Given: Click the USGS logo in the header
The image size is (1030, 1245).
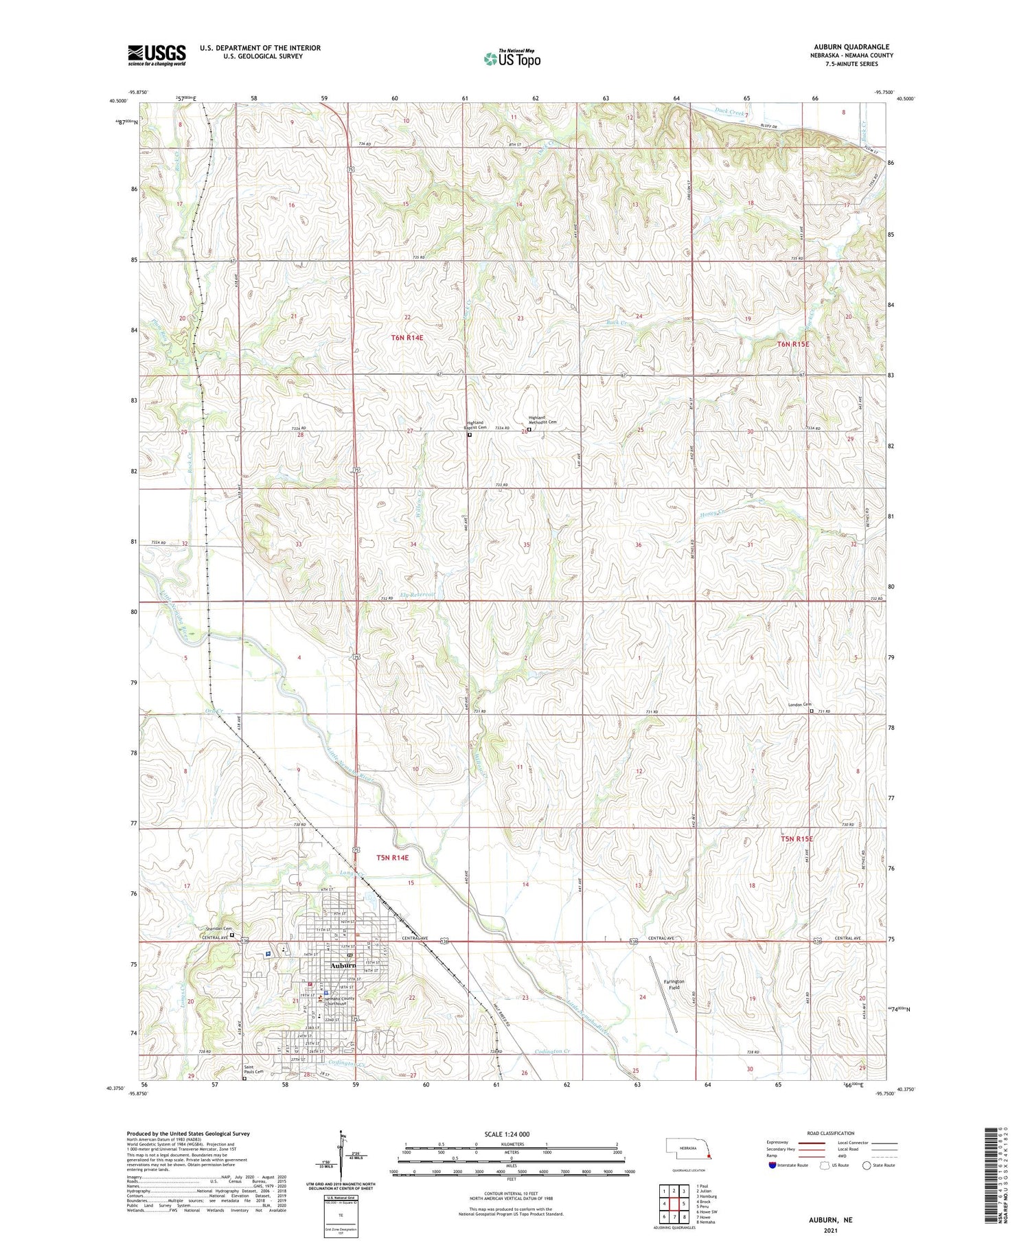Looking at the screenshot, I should (x=157, y=55).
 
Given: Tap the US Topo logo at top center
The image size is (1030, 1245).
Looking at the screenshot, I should (x=512, y=59).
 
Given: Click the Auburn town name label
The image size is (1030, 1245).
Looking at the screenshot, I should (x=343, y=965).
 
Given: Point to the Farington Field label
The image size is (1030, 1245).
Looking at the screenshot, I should (x=674, y=984).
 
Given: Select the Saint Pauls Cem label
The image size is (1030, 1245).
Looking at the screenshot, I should (x=253, y=1070).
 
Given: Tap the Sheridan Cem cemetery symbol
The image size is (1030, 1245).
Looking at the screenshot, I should (x=231, y=935).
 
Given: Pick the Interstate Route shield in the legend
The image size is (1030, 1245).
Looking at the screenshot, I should (x=772, y=1165).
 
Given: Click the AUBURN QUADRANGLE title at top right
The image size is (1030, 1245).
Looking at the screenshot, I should (x=851, y=47).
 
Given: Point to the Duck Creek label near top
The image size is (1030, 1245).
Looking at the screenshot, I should (x=729, y=113).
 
